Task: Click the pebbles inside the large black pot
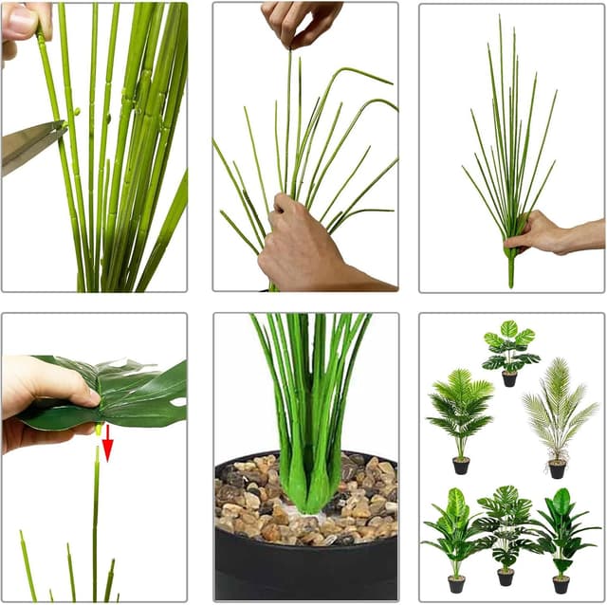tap(256, 503)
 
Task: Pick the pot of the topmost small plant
tap(509, 379)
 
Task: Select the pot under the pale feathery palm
tap(557, 468)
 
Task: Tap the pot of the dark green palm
tap(461, 466)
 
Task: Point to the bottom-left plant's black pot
tap(456, 584)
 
